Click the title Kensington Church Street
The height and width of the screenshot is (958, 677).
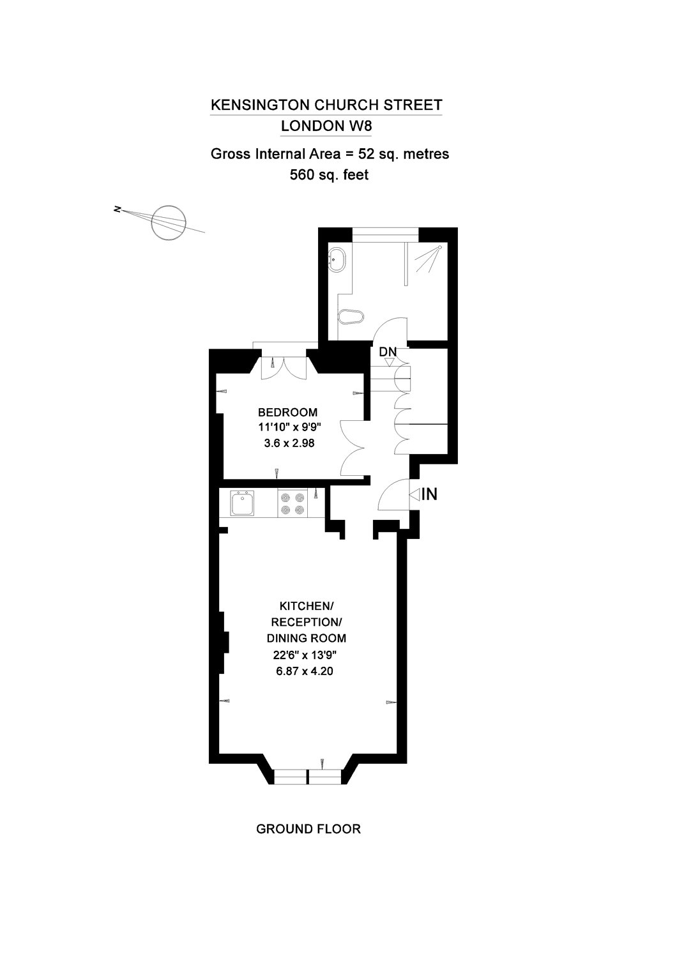point(326,105)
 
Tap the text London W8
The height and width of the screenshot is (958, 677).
point(326,126)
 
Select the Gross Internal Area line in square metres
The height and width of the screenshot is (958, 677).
point(330,154)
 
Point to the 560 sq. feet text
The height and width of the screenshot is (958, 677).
point(329,174)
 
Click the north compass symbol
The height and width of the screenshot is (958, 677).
point(169,222)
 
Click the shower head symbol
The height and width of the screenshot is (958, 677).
point(429,259)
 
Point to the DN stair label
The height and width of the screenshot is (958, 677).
point(388,352)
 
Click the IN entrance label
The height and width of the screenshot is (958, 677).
point(429,494)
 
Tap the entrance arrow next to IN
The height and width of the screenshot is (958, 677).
point(413,494)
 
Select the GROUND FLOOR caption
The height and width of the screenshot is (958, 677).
point(308,829)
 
